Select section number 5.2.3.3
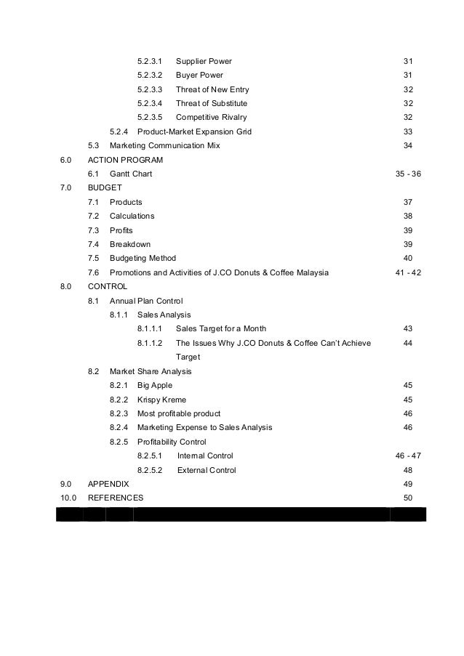(x=151, y=89)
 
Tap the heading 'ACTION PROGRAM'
(x=125, y=160)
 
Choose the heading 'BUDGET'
(x=105, y=187)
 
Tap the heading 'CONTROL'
(x=107, y=286)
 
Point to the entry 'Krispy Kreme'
(x=161, y=400)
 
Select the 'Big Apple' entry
(x=155, y=385)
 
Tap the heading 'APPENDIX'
(x=108, y=484)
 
